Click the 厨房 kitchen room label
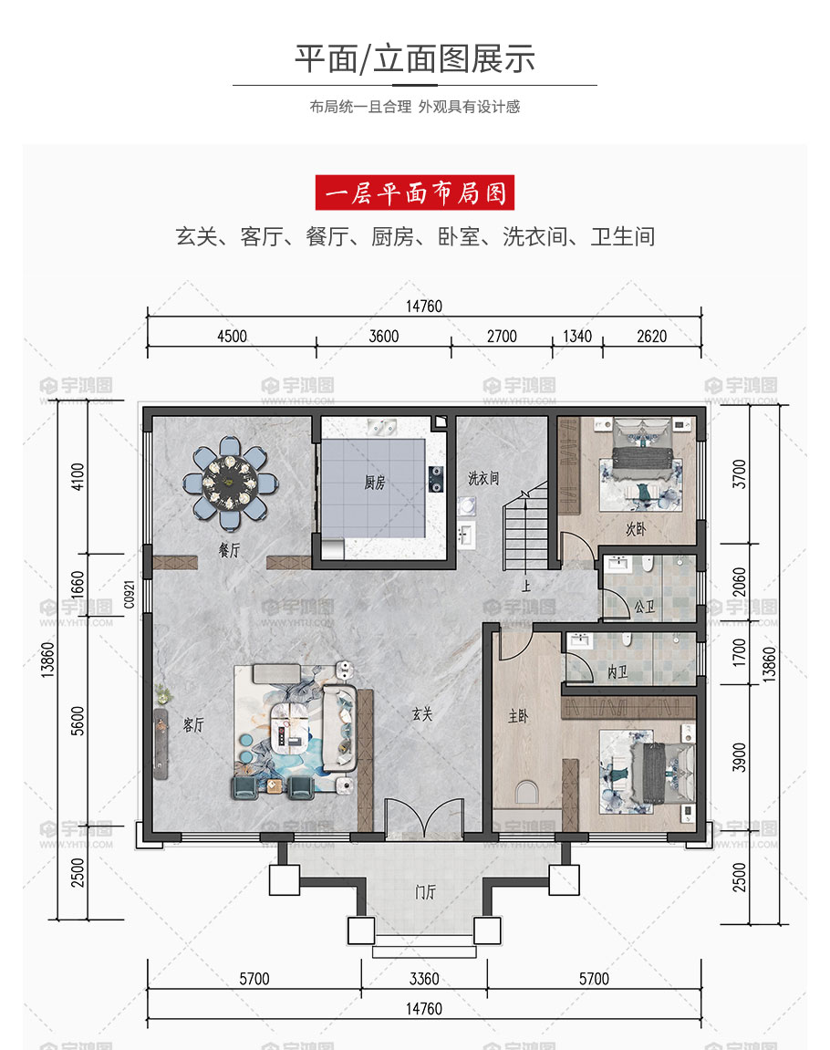[374, 483]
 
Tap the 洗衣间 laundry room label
[483, 478]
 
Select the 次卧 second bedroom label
[635, 529]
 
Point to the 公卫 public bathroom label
[645, 607]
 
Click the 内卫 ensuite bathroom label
[617, 671]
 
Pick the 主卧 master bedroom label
[518, 716]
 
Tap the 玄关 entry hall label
[422, 714]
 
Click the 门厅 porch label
[425, 892]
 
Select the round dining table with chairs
[230, 481]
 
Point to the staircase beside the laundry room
[526, 525]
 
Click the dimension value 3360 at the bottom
[424, 979]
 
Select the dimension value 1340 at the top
[577, 336]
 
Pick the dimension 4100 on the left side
[78, 477]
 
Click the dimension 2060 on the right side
[739, 582]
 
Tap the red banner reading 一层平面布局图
[415, 192]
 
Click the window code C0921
[130, 595]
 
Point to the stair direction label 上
[526, 586]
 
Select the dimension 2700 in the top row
[502, 336]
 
